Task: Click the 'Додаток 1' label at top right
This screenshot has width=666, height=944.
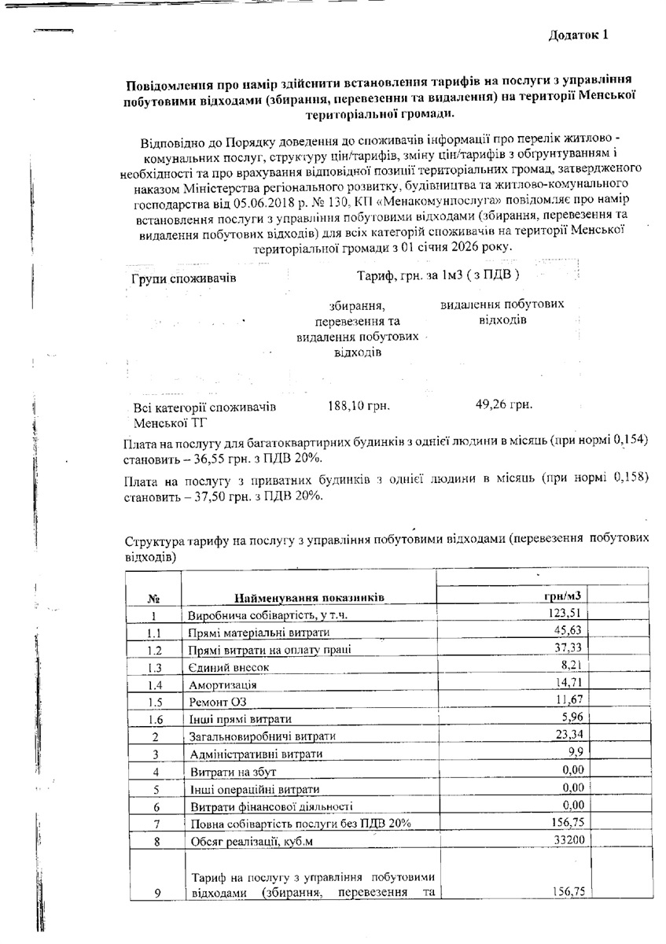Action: (579, 35)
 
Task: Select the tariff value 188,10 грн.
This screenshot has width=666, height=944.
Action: (359, 406)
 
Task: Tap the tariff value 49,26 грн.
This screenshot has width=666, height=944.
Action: (504, 405)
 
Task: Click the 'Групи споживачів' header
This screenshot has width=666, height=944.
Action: (183, 278)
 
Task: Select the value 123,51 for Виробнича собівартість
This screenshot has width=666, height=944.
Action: (565, 614)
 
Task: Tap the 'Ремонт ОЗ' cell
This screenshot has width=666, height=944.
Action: (216, 702)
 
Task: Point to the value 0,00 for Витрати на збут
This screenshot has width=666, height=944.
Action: (571, 771)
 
